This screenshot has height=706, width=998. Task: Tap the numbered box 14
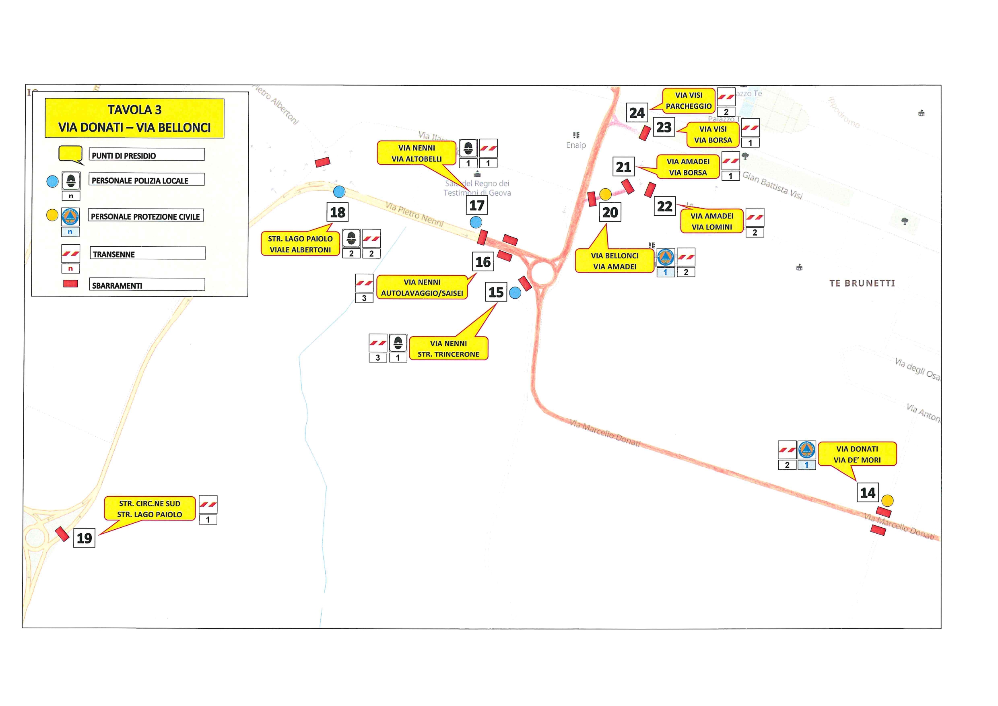coord(868,493)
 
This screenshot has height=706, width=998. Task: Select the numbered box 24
coord(637,113)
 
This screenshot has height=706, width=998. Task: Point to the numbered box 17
coord(477,205)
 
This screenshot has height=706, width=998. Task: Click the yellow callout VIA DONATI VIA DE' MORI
coord(857,454)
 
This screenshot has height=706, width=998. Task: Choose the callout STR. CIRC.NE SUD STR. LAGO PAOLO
coord(150,509)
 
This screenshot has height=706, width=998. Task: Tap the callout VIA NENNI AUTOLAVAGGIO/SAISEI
coord(422,287)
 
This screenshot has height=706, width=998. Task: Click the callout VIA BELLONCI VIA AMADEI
coord(614,261)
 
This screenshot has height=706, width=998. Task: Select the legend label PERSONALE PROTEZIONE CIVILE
coord(146,216)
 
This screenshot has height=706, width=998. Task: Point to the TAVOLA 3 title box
coord(134,118)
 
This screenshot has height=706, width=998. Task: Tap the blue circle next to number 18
coord(339,191)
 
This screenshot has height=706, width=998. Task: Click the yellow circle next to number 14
coord(887,501)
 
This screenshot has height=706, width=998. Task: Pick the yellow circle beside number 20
coord(605,194)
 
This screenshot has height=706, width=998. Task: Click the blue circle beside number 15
coord(515,293)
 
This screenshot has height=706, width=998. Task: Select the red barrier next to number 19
coord(62,534)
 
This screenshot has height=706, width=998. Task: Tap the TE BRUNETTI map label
coord(862,283)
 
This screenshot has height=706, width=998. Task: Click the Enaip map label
coord(576,145)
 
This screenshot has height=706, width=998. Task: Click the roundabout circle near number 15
coord(542,274)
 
